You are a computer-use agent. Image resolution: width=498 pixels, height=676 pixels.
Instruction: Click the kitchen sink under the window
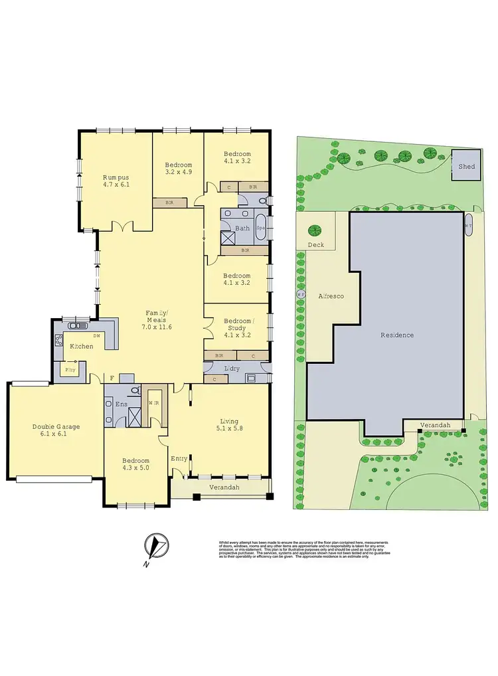click(x=78, y=325)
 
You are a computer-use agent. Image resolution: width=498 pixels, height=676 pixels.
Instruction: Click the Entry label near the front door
click(x=179, y=458)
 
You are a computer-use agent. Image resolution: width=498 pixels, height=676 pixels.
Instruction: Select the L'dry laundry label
click(x=232, y=369)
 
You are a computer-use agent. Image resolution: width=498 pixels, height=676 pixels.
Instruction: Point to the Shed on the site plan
click(x=467, y=166)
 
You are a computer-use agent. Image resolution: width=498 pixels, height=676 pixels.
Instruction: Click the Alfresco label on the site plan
click(x=330, y=296)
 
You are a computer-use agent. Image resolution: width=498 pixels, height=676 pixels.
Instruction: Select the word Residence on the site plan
click(x=396, y=335)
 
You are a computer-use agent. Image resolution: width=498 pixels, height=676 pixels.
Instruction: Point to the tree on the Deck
click(x=314, y=230)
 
